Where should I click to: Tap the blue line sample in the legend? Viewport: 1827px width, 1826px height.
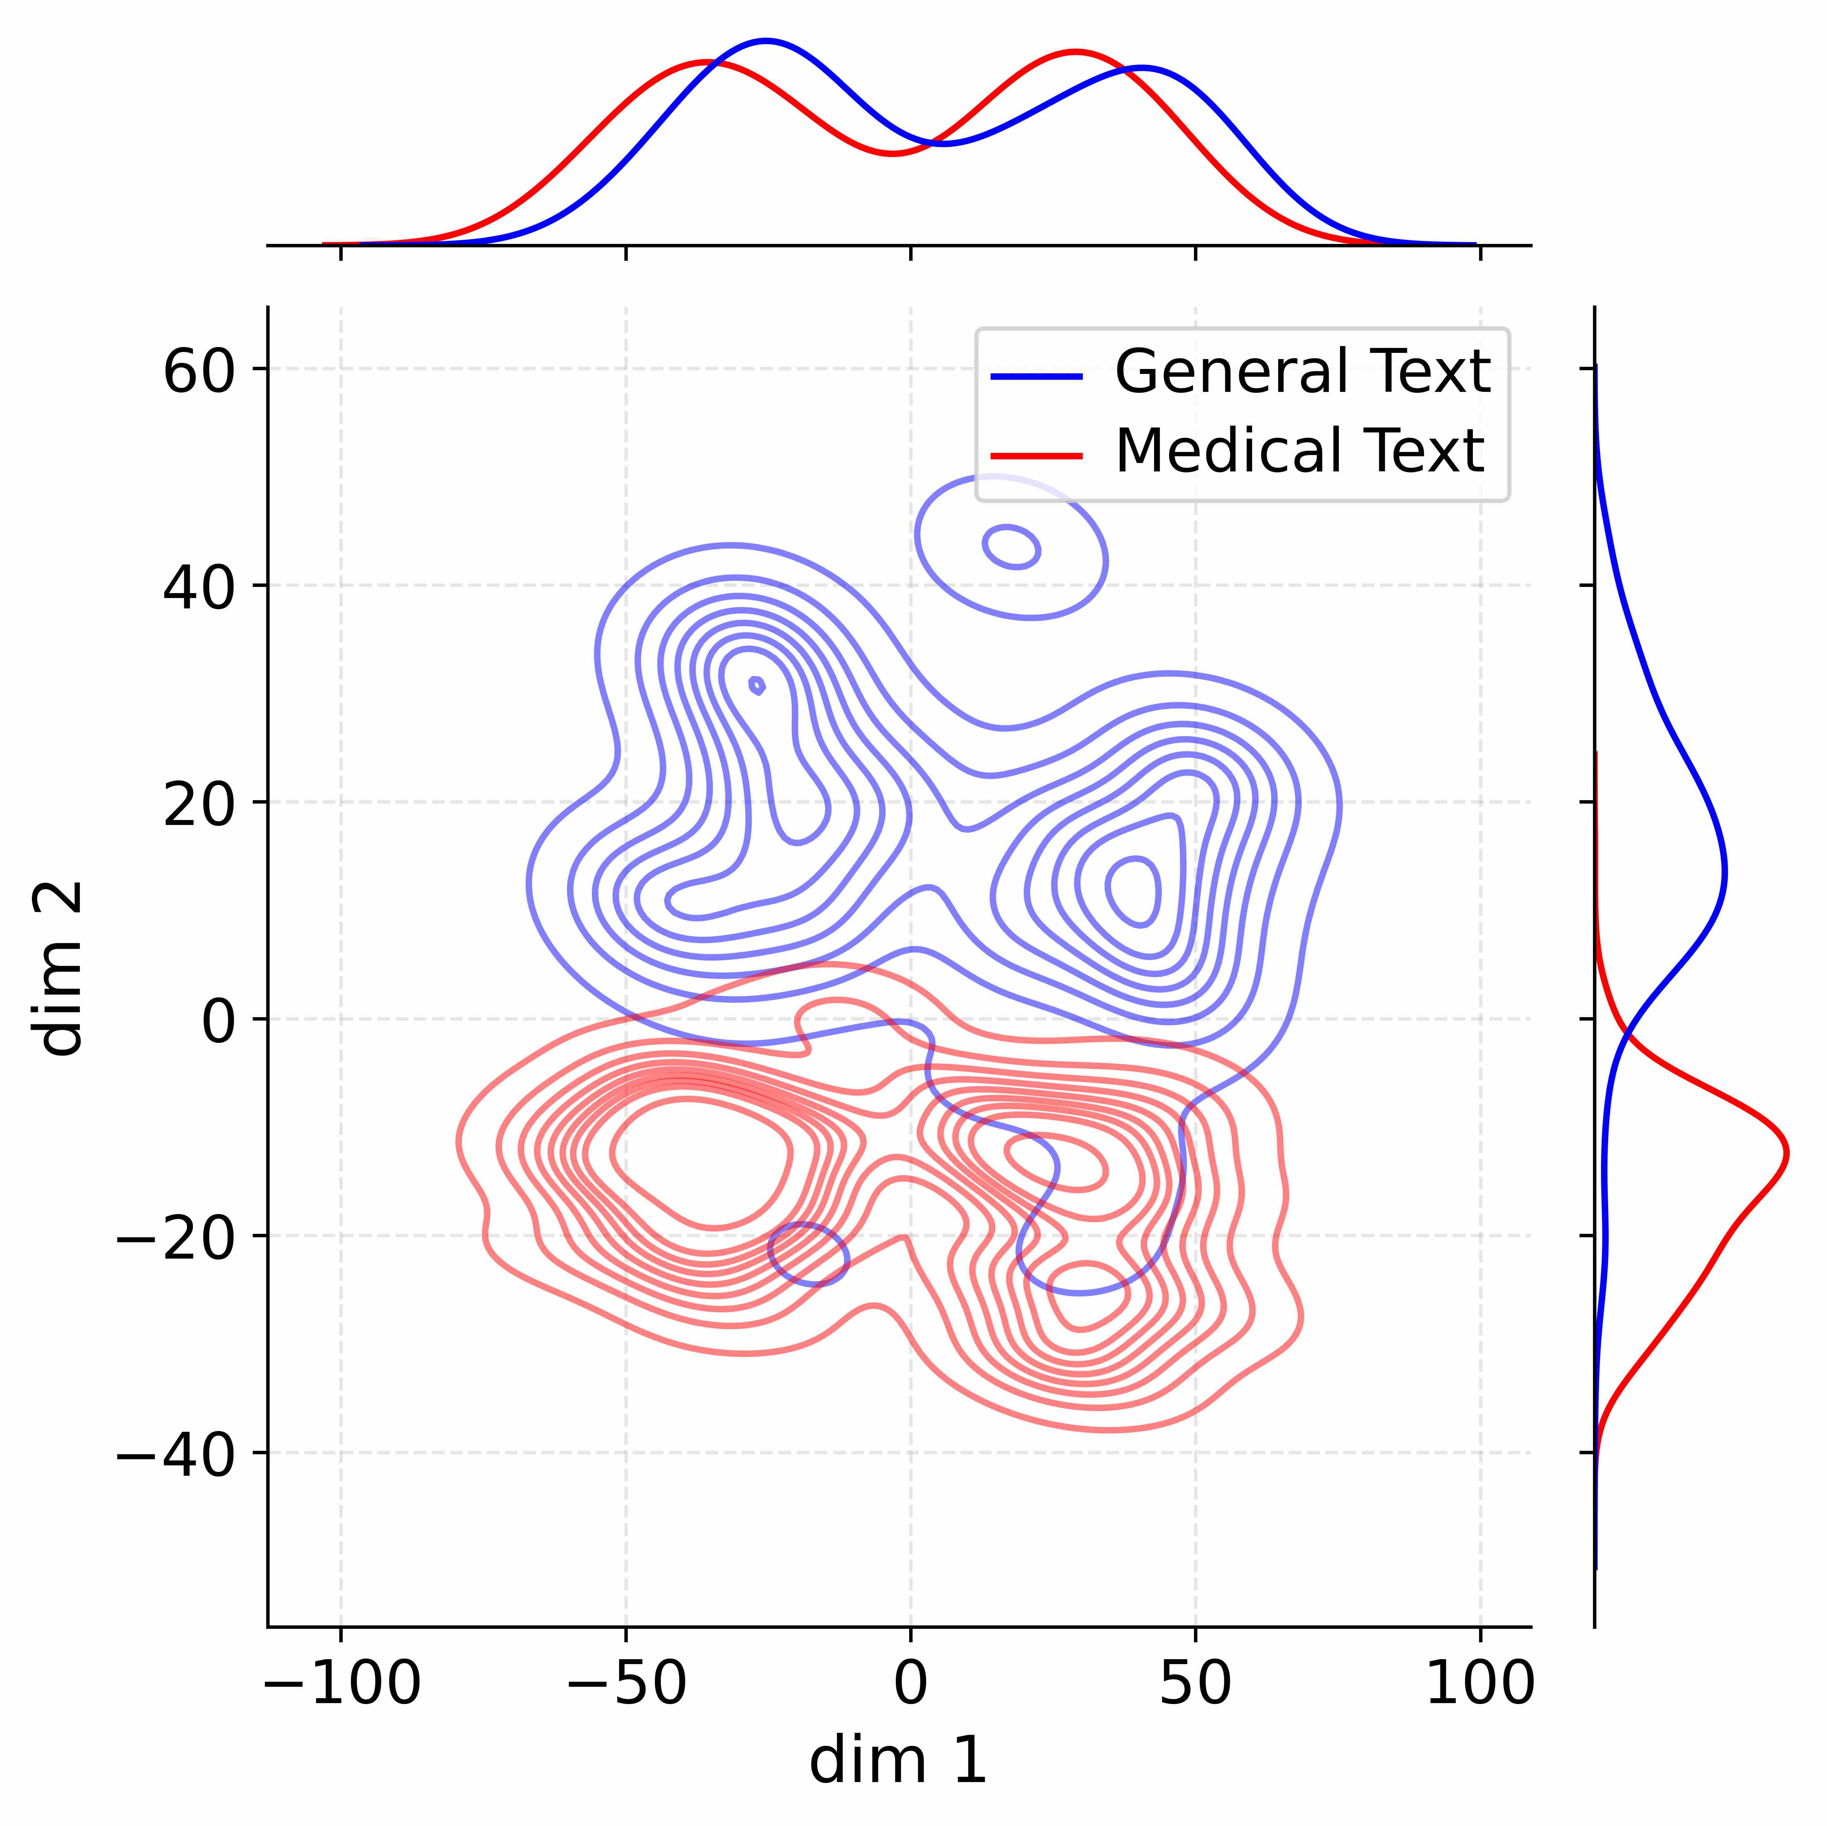pos(1036,376)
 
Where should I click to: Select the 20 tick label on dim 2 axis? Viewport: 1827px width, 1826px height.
pos(199,806)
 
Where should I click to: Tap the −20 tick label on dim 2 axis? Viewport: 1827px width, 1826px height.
pos(175,1240)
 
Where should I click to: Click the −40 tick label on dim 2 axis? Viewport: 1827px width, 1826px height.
pos(175,1456)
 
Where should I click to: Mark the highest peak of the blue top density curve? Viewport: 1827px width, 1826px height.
pos(766,41)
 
